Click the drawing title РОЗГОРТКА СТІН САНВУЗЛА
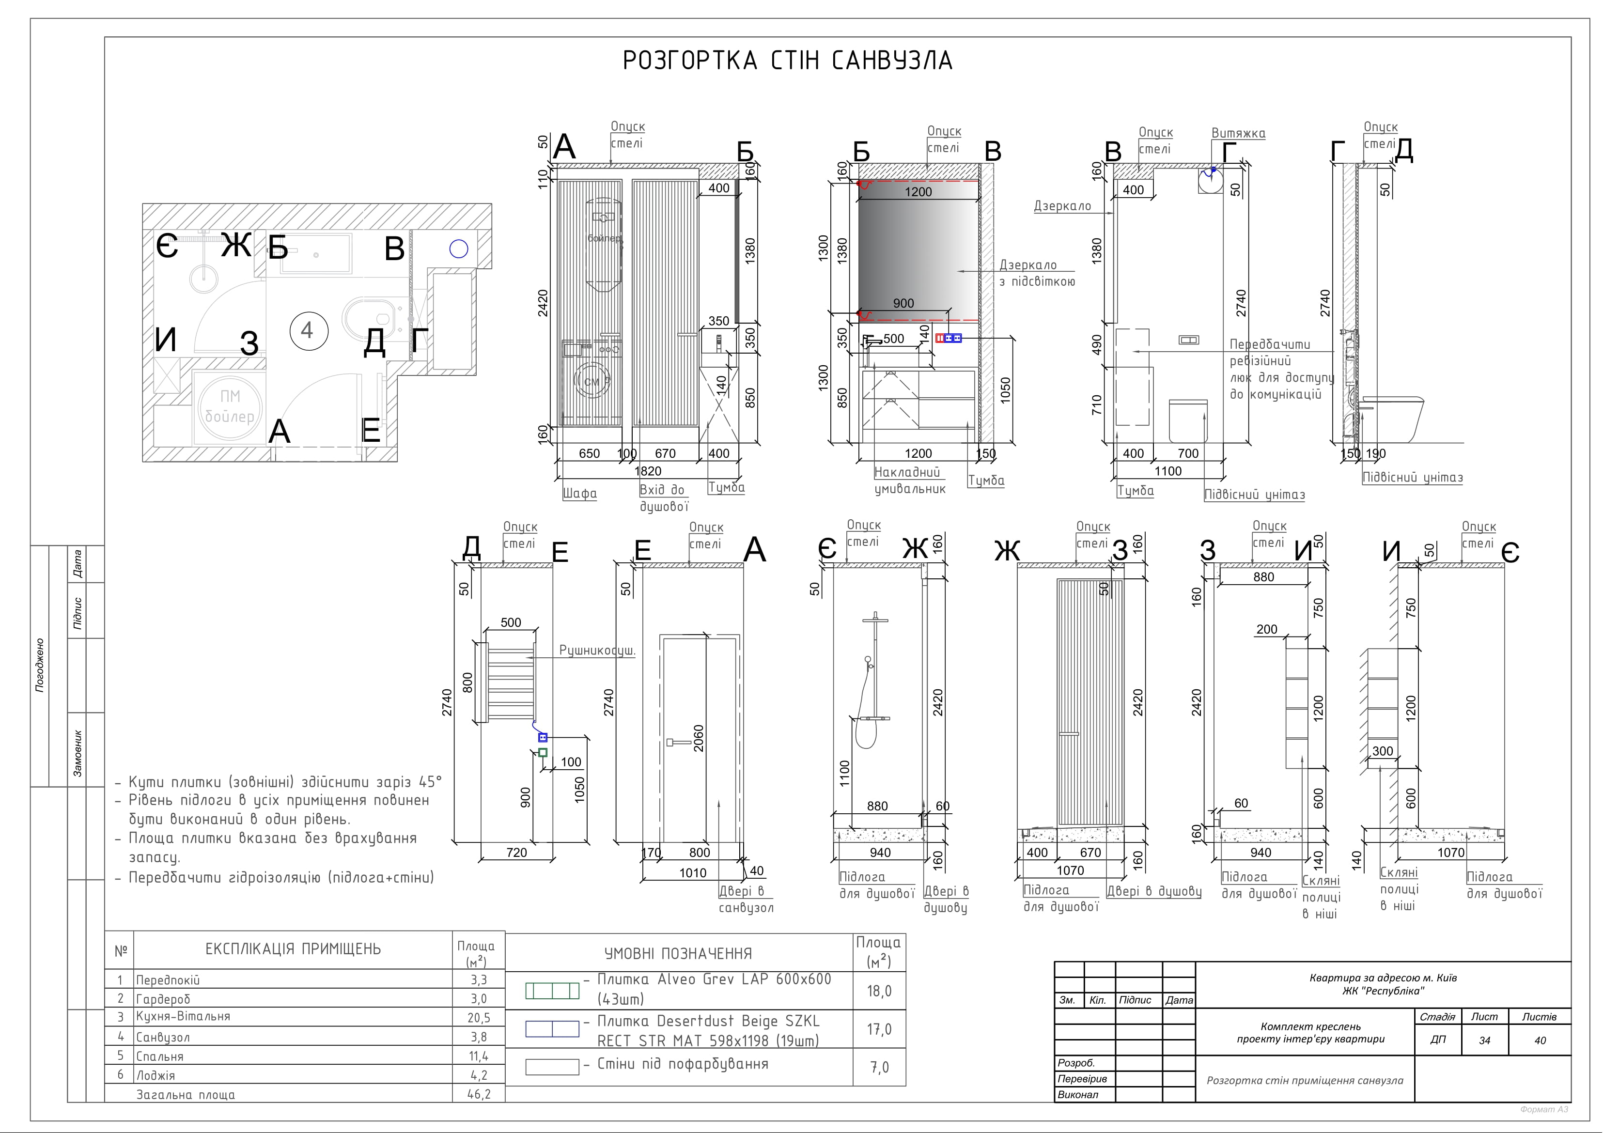tap(788, 61)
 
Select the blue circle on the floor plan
tap(459, 248)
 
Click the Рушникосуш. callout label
tap(597, 651)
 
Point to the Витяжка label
tap(1238, 133)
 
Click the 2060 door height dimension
tap(698, 738)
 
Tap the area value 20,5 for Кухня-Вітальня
tap(479, 1018)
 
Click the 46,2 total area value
tap(479, 1094)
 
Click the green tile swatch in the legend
tap(552, 991)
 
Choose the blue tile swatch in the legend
tap(552, 1029)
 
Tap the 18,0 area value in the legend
tap(879, 991)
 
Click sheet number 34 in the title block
tap(1484, 1040)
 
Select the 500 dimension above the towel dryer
tap(511, 622)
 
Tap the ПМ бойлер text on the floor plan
tap(229, 406)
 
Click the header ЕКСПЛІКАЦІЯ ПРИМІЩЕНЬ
tap(293, 949)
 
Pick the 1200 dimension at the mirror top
tap(918, 192)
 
